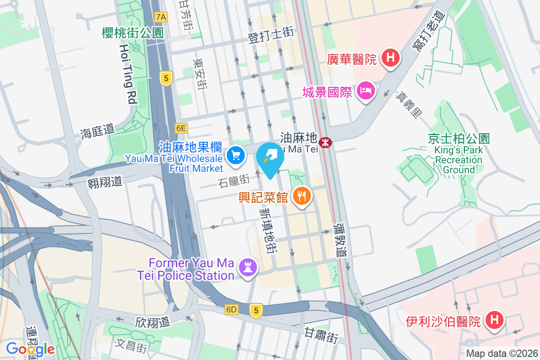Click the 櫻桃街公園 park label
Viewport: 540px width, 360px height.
click(x=132, y=32)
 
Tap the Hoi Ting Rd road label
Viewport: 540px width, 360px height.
click(x=128, y=74)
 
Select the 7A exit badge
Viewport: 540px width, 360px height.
click(x=161, y=17)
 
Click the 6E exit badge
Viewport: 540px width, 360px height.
click(x=181, y=128)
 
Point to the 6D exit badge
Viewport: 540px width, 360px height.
click(x=231, y=310)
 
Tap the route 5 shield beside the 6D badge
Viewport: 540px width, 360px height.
click(x=256, y=310)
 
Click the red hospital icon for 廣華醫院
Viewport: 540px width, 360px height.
click(x=391, y=58)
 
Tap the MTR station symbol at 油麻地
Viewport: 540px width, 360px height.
click(x=324, y=143)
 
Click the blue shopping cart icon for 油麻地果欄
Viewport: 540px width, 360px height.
click(x=235, y=156)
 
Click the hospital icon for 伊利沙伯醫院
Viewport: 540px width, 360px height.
click(x=494, y=320)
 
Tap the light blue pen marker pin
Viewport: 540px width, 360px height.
click(x=270, y=157)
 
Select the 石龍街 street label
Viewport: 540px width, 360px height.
click(x=234, y=182)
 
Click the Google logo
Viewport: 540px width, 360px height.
click(x=30, y=349)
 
